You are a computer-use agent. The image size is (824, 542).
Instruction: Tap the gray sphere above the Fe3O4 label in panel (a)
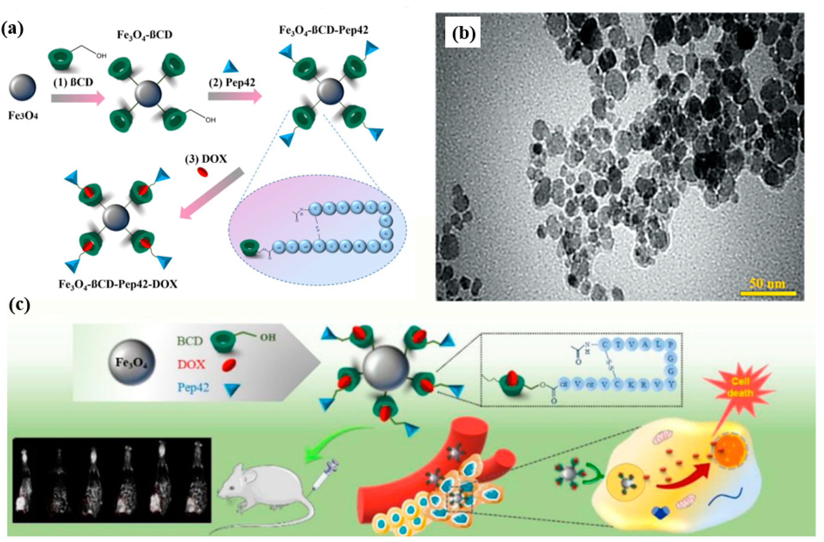pyautogui.click(x=22, y=87)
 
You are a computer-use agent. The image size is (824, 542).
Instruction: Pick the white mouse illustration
pyautogui.click(x=263, y=492)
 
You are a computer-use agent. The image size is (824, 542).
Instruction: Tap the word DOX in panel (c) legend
pyautogui.click(x=191, y=364)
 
